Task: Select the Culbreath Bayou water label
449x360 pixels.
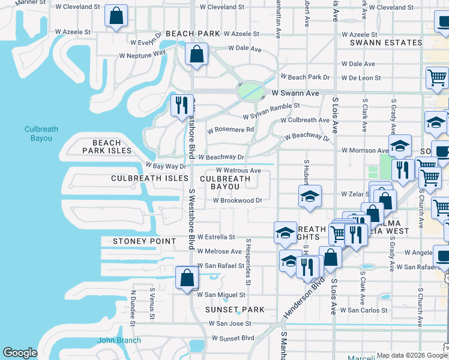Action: coord(38,134)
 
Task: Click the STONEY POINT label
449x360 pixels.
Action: coord(145,241)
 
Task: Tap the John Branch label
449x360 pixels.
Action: coord(119,340)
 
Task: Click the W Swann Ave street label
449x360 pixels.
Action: coord(295,94)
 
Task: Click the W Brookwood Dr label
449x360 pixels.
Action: coord(238,200)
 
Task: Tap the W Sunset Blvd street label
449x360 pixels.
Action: coord(231,338)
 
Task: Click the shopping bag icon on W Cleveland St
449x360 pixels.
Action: coord(116,16)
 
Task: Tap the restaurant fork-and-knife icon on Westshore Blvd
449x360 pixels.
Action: coord(180,106)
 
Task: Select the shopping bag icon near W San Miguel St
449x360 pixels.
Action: coord(187,278)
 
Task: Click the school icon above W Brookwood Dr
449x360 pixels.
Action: coord(310,196)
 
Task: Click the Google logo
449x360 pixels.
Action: coord(20,353)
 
